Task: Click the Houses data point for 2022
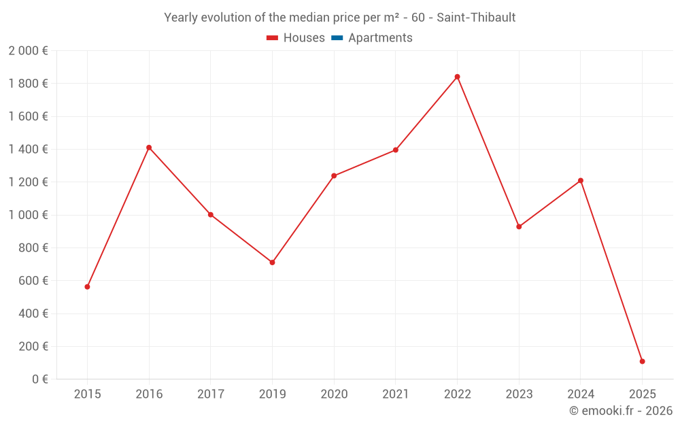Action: pos(457,77)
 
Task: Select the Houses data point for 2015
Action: pos(87,287)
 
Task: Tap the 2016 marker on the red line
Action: pos(149,148)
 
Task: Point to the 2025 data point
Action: pos(642,361)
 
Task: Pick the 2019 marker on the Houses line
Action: pos(272,262)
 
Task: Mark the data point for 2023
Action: pos(519,226)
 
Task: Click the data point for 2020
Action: pos(334,175)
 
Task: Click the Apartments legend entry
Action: pos(380,38)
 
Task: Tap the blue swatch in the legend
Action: pos(337,38)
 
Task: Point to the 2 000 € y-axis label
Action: pos(28,51)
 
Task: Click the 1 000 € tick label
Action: pos(28,215)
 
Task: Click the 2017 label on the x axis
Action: pos(211,394)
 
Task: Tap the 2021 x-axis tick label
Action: pos(396,394)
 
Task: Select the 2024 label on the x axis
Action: pos(581,394)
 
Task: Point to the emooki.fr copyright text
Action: pos(621,411)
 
